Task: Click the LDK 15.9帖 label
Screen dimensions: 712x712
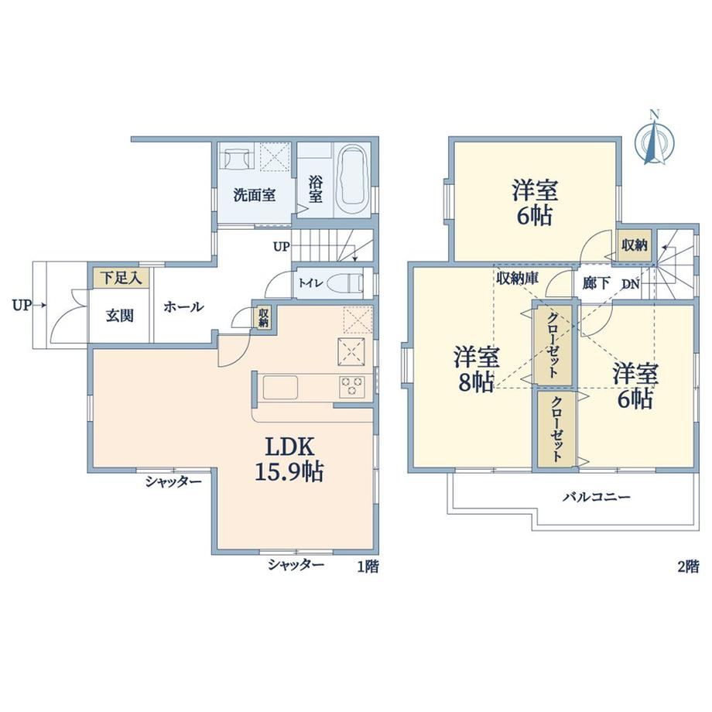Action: [289, 459]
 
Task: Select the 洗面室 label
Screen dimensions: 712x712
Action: [255, 196]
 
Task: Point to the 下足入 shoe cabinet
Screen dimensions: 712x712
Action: [122, 277]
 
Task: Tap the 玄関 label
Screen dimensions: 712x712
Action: [120, 316]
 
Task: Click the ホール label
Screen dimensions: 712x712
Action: [183, 307]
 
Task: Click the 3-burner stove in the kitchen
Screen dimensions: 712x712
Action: [351, 387]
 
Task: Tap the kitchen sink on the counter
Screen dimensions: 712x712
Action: [280, 387]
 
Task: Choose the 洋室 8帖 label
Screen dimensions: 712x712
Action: [476, 369]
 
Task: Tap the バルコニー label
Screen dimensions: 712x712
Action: [597, 497]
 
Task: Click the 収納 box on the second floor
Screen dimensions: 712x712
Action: [635, 245]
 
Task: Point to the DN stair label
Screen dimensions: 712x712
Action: [631, 285]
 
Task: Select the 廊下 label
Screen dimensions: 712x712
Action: [597, 283]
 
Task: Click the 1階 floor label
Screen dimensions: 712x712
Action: [368, 567]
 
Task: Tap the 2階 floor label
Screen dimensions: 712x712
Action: [688, 567]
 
